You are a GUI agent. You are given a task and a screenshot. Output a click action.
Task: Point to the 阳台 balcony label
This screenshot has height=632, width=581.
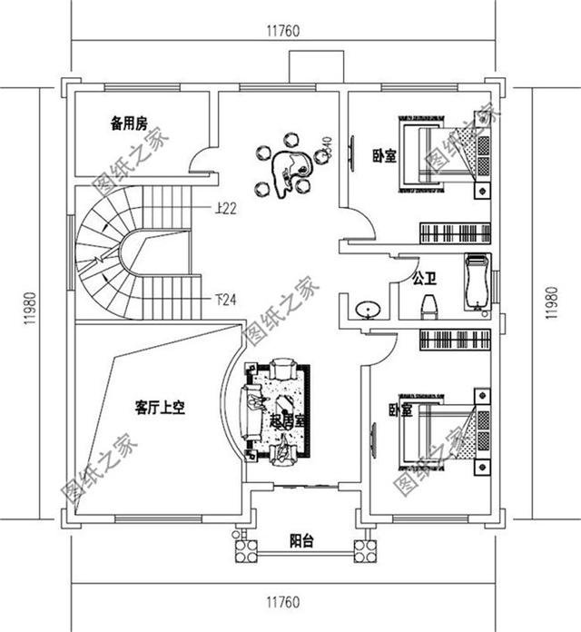point(301,541)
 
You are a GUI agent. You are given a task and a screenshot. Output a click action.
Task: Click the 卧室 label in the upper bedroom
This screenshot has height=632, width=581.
point(384,155)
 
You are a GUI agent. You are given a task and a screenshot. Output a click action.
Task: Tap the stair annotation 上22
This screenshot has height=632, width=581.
point(226,209)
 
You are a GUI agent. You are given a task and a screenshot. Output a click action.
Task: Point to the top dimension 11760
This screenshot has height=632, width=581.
point(282,30)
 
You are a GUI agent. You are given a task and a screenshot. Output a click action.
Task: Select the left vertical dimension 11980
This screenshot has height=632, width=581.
point(30,307)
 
